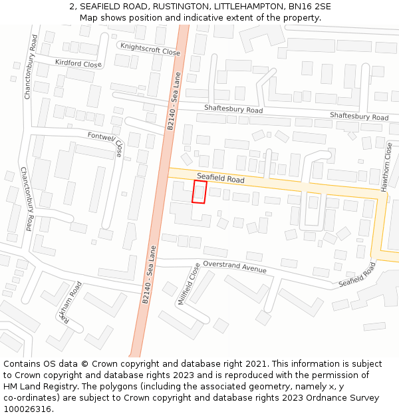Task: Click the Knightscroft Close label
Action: point(150,48)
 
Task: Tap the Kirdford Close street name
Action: point(78,64)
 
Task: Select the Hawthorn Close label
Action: point(386,167)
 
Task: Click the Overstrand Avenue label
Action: point(235,266)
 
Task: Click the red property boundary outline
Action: point(199,192)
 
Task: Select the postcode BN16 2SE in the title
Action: point(308,7)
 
